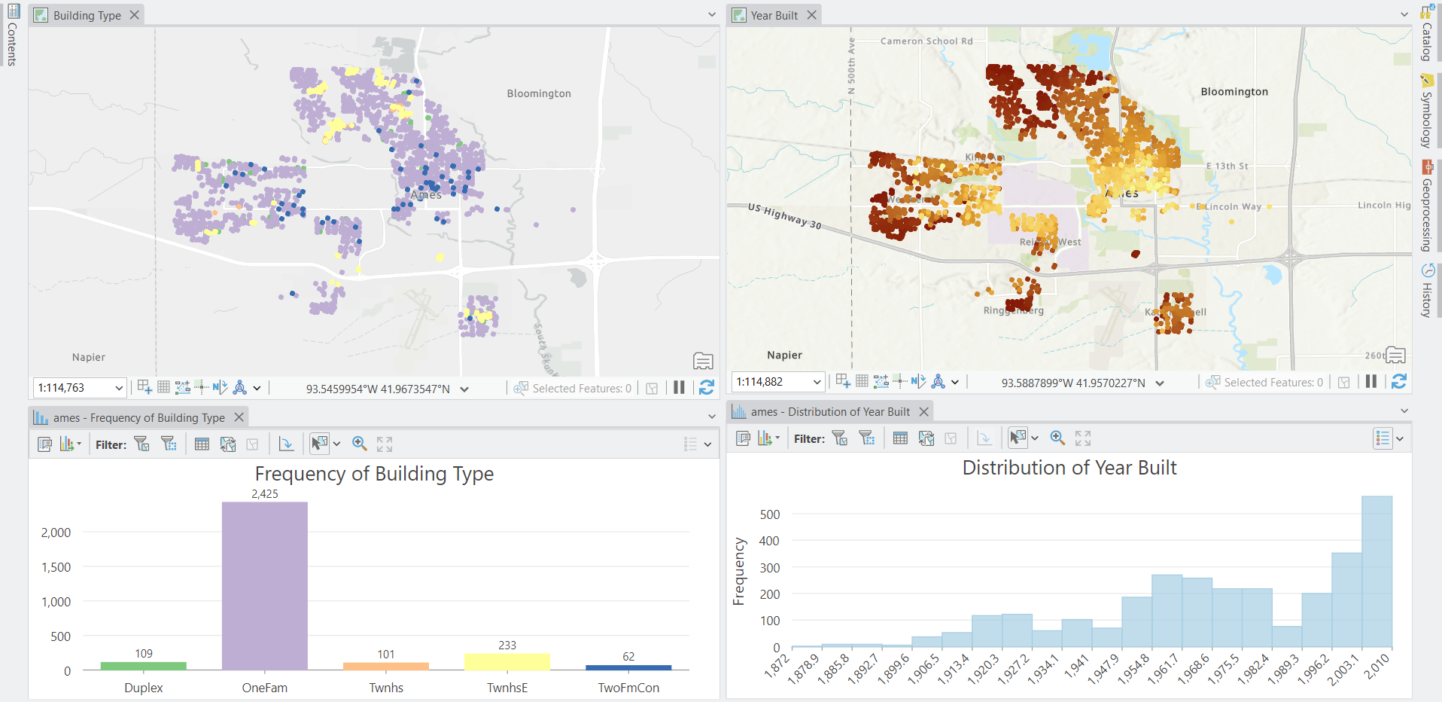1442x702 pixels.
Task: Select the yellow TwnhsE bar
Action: (x=507, y=662)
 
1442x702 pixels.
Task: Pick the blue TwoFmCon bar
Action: (x=628, y=667)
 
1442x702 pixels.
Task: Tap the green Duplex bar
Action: (x=144, y=666)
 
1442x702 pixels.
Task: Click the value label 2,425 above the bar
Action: (x=265, y=494)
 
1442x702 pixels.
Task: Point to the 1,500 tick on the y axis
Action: (x=56, y=567)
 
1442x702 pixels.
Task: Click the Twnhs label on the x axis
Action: (x=386, y=688)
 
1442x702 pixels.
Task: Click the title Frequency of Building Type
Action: (x=374, y=474)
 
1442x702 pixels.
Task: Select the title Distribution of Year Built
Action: (x=1069, y=468)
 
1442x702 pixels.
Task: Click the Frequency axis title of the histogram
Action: (x=739, y=571)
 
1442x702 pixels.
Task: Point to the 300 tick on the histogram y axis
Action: (x=769, y=568)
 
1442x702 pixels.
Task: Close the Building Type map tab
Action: (x=134, y=15)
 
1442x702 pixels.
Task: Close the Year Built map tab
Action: (x=811, y=15)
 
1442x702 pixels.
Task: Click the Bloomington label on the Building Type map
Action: (x=539, y=93)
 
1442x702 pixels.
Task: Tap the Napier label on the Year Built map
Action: (x=784, y=355)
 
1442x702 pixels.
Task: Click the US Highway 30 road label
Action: (x=785, y=215)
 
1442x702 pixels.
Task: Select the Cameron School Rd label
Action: (x=926, y=41)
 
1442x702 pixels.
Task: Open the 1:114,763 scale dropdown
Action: (x=118, y=388)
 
